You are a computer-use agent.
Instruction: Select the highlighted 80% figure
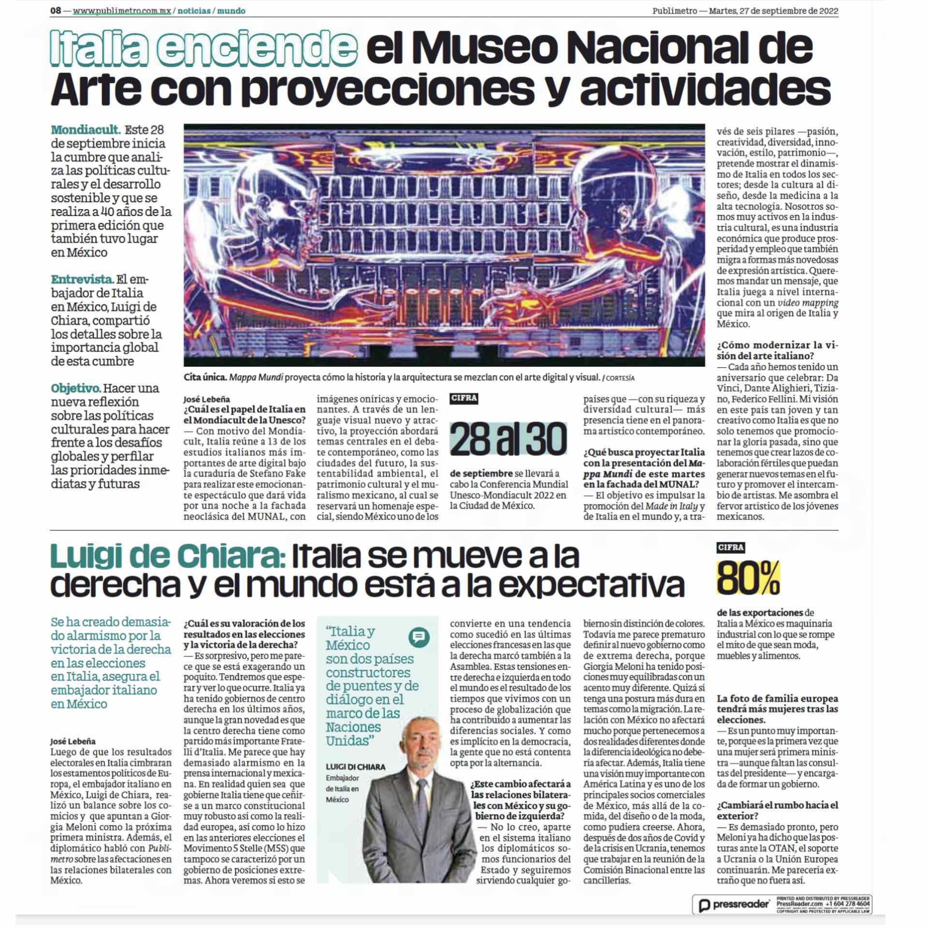[x=748, y=578]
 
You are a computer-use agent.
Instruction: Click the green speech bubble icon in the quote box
[x=419, y=637]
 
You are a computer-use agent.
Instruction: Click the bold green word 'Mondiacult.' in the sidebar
[x=86, y=130]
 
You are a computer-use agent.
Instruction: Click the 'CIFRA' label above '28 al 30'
[x=464, y=398]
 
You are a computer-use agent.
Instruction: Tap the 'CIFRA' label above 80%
[x=731, y=548]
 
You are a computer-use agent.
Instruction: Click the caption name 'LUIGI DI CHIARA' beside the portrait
[x=355, y=767]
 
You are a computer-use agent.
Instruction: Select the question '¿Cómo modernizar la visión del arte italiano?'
[x=778, y=350]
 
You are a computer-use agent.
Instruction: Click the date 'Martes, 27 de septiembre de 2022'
[x=773, y=11]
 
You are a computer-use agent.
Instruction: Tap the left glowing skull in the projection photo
[x=227, y=208]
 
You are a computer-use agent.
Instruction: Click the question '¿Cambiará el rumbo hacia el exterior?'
[x=778, y=811]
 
